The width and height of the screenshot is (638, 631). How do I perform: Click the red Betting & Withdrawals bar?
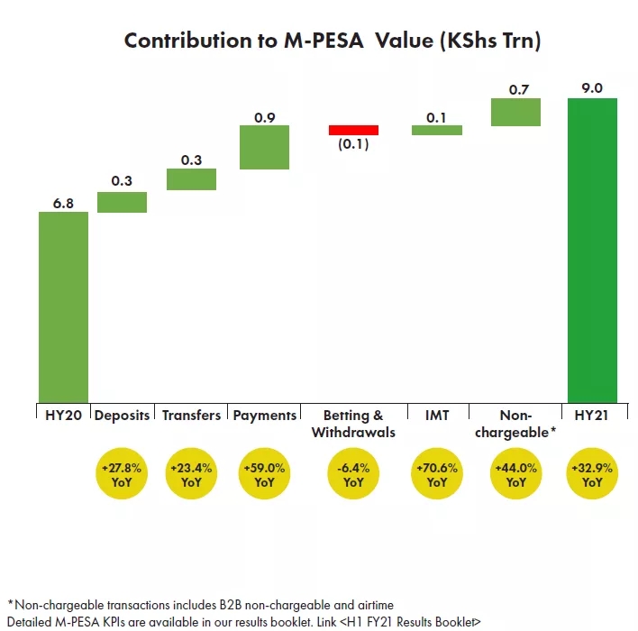click(353, 130)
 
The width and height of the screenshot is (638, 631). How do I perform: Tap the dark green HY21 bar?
click(592, 250)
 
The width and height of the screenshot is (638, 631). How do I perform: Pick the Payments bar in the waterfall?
click(264, 147)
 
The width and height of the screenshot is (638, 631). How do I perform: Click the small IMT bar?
click(437, 130)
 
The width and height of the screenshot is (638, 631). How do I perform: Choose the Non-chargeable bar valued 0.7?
click(515, 112)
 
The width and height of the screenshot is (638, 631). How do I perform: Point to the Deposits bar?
click(123, 202)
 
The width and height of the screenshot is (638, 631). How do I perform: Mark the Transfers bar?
click(191, 179)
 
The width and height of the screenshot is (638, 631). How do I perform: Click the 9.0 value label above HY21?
click(592, 88)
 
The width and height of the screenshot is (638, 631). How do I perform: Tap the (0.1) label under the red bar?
click(353, 145)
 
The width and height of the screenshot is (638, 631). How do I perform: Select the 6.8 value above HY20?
click(63, 204)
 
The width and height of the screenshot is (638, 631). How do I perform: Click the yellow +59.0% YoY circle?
click(264, 474)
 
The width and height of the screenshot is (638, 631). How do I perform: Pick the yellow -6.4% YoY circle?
click(353, 474)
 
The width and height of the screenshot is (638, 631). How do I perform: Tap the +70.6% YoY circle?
click(437, 474)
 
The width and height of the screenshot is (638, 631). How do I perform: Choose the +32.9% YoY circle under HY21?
click(592, 474)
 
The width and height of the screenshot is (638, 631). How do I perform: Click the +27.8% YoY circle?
click(123, 474)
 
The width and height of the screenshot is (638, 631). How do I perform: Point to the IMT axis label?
click(437, 416)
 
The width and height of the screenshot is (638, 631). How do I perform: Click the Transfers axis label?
click(191, 416)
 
